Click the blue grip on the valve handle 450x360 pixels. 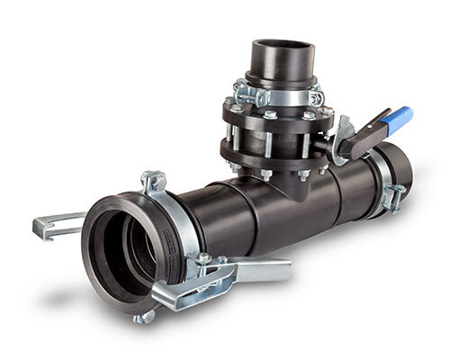398,119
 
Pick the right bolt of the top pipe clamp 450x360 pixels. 317,94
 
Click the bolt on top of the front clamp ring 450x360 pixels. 154,181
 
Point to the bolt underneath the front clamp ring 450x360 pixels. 143,315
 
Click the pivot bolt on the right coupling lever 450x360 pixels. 204,260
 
